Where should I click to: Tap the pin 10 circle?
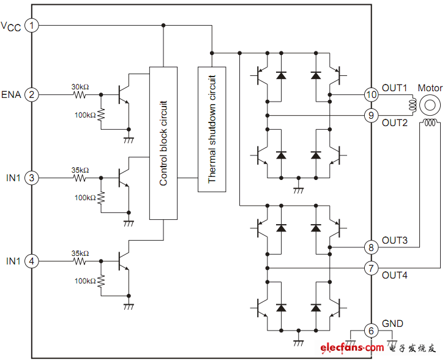pyautogui.click(x=371, y=95)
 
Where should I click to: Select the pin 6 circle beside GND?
pyautogui.click(x=371, y=330)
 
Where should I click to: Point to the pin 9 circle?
pyautogui.click(x=371, y=114)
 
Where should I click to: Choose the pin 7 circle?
pyautogui.click(x=371, y=268)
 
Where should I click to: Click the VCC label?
pyautogui.click(x=12, y=26)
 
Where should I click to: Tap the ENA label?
pyautogui.click(x=12, y=95)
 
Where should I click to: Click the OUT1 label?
pyautogui.click(x=395, y=88)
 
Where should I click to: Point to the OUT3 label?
pyautogui.click(x=395, y=241)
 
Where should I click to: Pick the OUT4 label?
pyautogui.click(x=395, y=275)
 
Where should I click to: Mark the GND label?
pyautogui.click(x=392, y=323)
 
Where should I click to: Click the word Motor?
pyautogui.click(x=430, y=88)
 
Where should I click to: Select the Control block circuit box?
pyautogui.click(x=163, y=143)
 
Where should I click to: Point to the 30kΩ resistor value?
pyautogui.click(x=80, y=87)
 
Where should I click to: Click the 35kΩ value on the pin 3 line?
pyautogui.click(x=80, y=170)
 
